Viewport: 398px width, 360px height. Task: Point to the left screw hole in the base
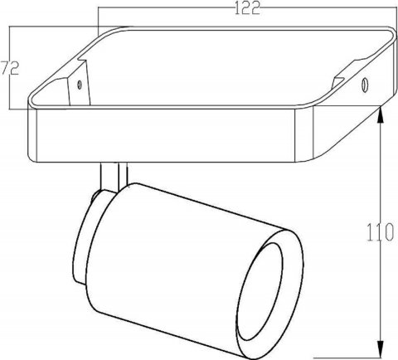coord(79,83)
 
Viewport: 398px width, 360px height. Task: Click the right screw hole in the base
coord(364,84)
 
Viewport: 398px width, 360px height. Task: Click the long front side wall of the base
coord(166,137)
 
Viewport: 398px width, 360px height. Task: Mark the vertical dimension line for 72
coord(9,91)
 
